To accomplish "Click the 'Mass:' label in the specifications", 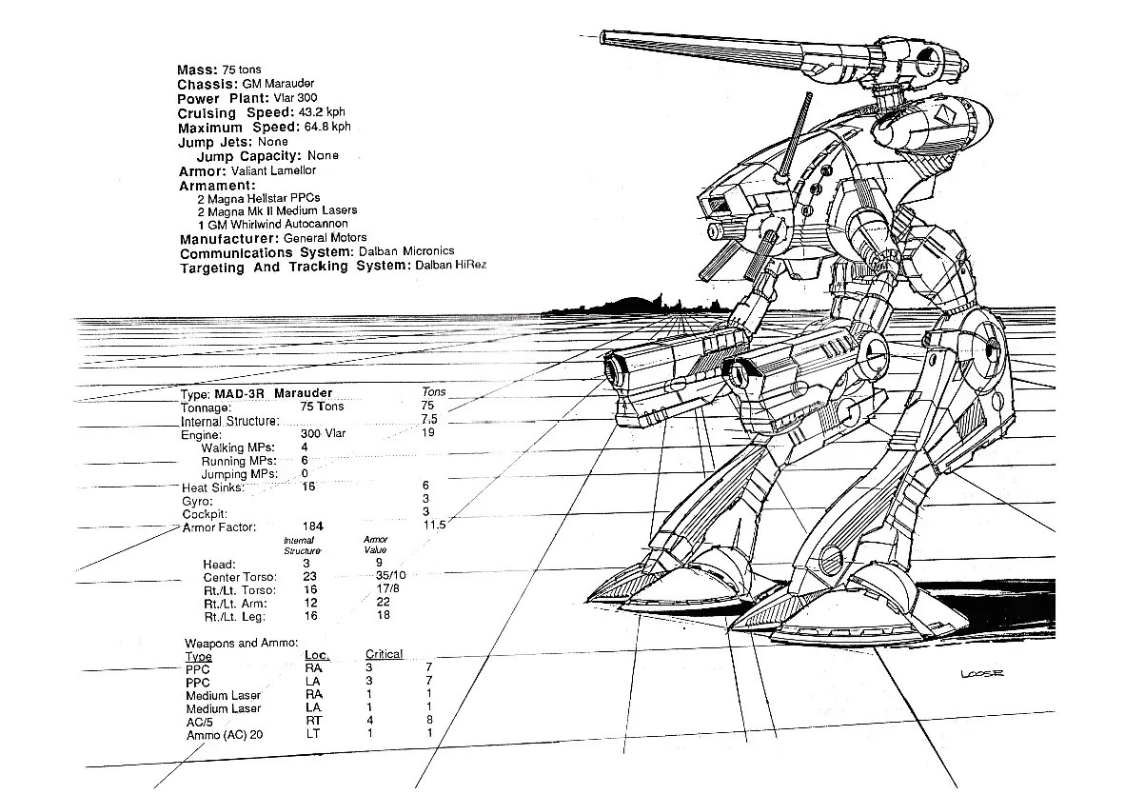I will pos(197,70).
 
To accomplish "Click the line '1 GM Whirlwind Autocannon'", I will pos(272,224).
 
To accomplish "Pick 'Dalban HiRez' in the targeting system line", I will pos(450,265).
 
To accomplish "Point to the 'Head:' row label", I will pos(219,564).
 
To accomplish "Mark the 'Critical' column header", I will pos(385,654).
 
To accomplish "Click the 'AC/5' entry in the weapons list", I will pos(200,722).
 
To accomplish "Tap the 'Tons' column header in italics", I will pos(433,392).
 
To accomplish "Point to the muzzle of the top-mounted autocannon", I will pos(610,38).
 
